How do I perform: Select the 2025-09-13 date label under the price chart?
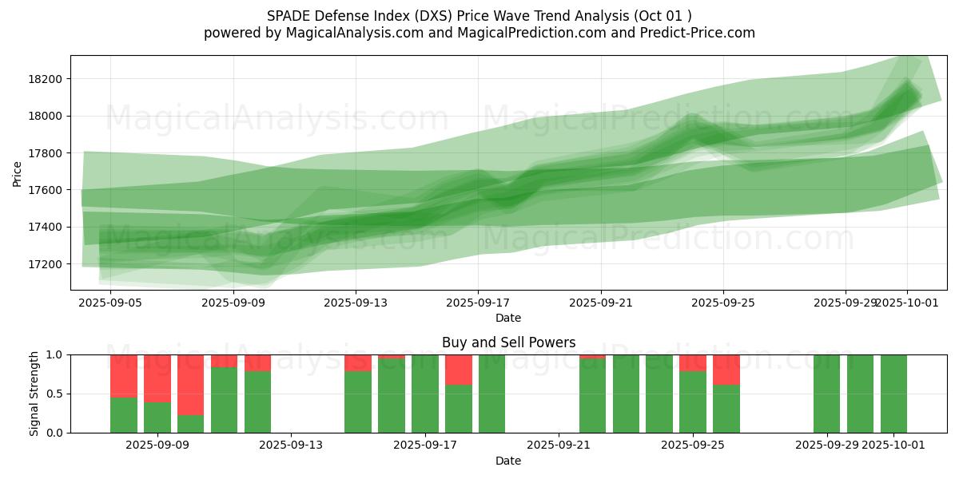pos(356,303)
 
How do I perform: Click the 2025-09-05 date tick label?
pos(110,303)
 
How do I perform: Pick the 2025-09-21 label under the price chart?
pos(601,303)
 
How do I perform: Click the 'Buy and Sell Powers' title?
pos(508,342)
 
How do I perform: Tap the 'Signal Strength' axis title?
pos(35,394)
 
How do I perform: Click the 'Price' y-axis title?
pos(18,173)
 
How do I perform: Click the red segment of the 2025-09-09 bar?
pos(157,378)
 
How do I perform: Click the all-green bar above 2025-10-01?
pos(893,394)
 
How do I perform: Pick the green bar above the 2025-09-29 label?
pos(826,394)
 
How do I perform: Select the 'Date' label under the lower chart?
pos(508,461)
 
